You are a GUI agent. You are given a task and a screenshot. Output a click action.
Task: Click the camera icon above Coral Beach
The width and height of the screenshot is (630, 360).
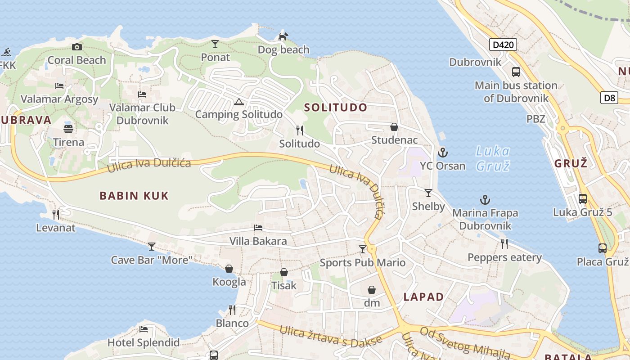(x=77, y=47)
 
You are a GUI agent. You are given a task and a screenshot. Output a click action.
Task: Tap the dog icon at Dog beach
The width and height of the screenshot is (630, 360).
(x=283, y=36)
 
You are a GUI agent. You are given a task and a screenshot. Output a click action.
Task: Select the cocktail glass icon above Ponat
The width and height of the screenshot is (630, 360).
(x=215, y=44)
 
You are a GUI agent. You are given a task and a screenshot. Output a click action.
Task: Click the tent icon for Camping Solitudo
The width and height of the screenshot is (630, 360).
(x=238, y=102)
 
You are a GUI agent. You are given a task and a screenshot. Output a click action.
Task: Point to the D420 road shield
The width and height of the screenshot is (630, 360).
(x=503, y=45)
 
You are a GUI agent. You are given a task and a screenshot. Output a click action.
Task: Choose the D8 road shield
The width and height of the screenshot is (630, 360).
(x=609, y=97)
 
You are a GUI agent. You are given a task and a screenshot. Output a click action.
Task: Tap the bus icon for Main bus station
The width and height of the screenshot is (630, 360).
(x=516, y=72)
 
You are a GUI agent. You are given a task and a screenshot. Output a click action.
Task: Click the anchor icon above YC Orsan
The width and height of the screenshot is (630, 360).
(x=443, y=152)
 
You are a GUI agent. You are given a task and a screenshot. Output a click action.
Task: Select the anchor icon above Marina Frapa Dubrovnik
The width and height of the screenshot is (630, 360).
(x=485, y=199)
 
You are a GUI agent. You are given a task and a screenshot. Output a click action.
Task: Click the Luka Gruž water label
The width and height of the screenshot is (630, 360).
(x=493, y=158)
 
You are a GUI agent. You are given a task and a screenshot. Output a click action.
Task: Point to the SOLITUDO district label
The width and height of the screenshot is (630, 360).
(x=336, y=107)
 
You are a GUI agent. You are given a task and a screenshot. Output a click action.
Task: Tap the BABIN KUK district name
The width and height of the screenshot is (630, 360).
(x=134, y=195)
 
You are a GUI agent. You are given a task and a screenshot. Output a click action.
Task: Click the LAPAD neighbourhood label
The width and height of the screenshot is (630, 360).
(x=423, y=297)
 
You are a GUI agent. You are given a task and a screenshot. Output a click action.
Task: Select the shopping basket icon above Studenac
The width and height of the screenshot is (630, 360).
(x=394, y=127)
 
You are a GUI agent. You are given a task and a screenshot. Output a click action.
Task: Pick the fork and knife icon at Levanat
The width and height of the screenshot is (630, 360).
(x=56, y=214)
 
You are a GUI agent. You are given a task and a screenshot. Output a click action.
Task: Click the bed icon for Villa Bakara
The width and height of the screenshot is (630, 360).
(x=258, y=228)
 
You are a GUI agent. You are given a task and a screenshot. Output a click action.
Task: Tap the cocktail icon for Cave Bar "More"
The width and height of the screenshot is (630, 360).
(x=152, y=246)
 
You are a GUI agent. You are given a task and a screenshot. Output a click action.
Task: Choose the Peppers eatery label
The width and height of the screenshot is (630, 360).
(x=504, y=257)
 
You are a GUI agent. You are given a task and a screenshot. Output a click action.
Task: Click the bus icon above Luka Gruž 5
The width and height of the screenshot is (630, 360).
(x=582, y=198)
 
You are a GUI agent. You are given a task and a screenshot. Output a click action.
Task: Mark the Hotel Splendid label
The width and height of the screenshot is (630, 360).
(x=143, y=342)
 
